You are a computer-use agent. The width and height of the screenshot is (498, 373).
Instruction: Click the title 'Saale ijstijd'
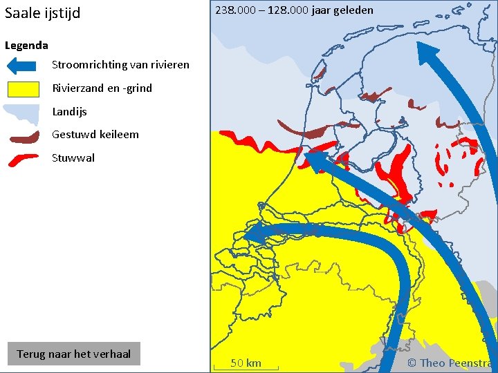[x=42, y=13]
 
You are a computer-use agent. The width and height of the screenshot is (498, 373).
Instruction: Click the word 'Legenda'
[x=26, y=46]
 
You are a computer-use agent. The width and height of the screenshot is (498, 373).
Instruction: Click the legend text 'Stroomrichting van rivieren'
[x=120, y=65]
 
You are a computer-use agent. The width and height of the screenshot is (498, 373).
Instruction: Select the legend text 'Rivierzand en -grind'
[x=102, y=88]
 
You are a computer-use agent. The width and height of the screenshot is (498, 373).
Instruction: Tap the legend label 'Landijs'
[x=69, y=111]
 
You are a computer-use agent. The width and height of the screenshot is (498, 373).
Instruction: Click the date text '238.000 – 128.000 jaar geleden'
[x=294, y=10]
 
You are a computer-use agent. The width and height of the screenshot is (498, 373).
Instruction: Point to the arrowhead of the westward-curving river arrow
[x=255, y=234]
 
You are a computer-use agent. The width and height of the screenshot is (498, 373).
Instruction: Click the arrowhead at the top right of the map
[x=427, y=55]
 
